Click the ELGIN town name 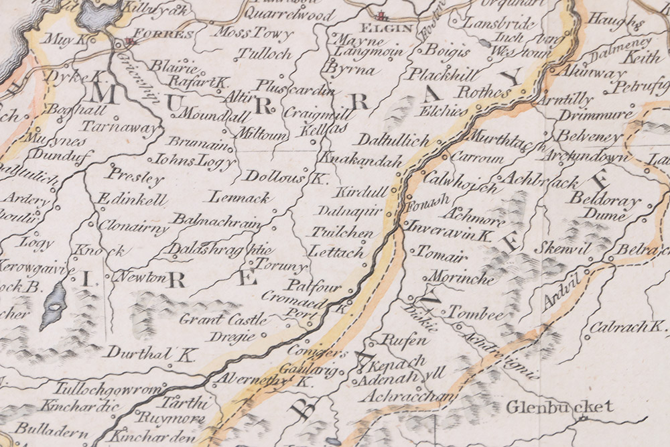click(377, 29)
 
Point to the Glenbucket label click(559, 407)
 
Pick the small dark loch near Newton click(53, 305)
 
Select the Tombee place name click(474, 314)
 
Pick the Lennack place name click(239, 197)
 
